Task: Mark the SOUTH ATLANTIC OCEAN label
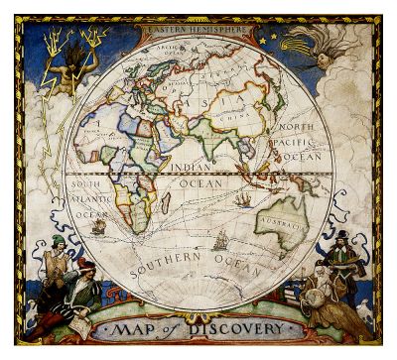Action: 88,198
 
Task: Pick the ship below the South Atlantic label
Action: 98,226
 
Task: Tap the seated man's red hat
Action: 83,265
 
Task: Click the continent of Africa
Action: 139,179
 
